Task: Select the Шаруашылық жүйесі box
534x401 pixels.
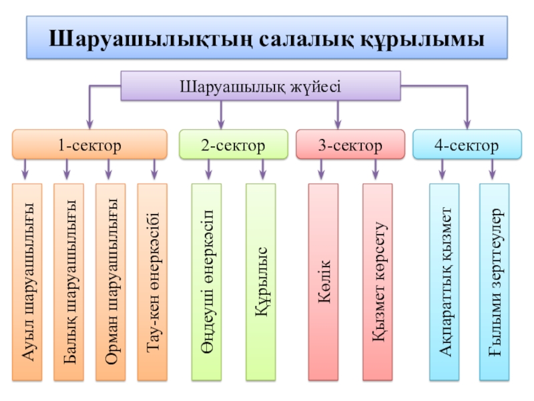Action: (x=260, y=86)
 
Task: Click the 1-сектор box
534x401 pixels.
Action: (x=89, y=145)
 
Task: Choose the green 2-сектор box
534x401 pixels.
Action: (x=233, y=145)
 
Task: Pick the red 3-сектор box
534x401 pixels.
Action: (x=350, y=145)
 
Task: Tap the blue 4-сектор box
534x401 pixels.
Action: (x=466, y=145)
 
